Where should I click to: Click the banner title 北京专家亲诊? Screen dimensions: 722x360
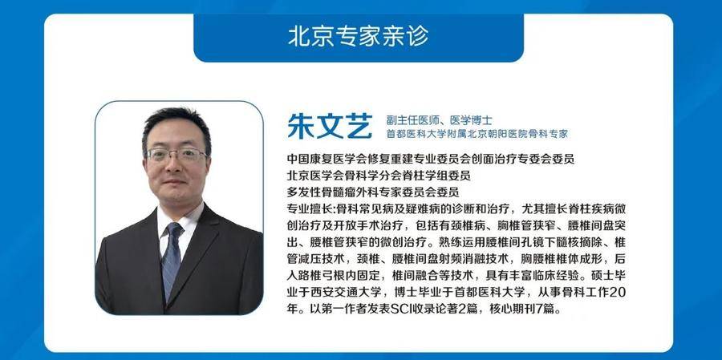(x=359, y=36)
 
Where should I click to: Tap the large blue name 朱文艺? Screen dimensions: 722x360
(x=330, y=125)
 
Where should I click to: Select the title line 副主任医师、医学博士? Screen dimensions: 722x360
(x=440, y=120)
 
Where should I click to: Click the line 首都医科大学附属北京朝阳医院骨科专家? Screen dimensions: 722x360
(x=477, y=134)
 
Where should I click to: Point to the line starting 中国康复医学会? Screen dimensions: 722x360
(x=431, y=160)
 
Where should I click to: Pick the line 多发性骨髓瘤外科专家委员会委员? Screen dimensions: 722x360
(x=372, y=192)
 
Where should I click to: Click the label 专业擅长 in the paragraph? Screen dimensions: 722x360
(x=310, y=209)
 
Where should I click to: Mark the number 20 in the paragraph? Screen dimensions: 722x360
(x=619, y=293)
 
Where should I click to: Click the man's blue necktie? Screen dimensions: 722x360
(x=172, y=259)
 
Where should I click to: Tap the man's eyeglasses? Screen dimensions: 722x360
(x=176, y=155)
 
